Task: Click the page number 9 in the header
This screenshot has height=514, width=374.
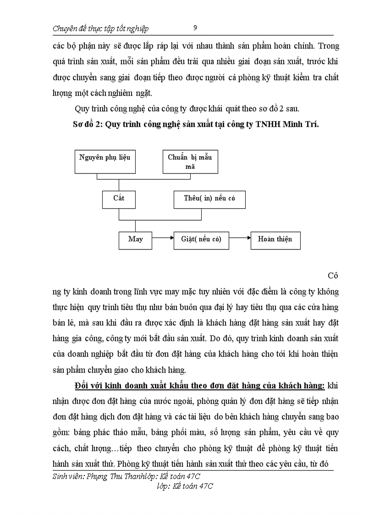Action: point(195,28)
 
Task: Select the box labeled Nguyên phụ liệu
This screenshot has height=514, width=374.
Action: point(104,161)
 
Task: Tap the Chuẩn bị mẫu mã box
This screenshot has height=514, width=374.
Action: point(190,162)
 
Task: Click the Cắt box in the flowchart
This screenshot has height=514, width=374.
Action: point(119,199)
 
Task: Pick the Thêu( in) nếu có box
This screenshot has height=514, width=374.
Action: point(209,199)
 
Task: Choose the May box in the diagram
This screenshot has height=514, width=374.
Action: point(135,239)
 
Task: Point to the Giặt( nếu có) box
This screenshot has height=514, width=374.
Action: point(201,239)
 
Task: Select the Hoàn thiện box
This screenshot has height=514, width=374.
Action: point(275,239)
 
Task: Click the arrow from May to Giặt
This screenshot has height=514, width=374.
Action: point(163,238)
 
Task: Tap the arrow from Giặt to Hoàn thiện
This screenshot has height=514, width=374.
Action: point(240,238)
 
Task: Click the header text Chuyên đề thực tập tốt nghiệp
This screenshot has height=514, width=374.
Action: point(101,29)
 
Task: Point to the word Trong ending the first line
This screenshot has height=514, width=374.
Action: point(328,46)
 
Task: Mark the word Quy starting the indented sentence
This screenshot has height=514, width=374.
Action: point(81,108)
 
